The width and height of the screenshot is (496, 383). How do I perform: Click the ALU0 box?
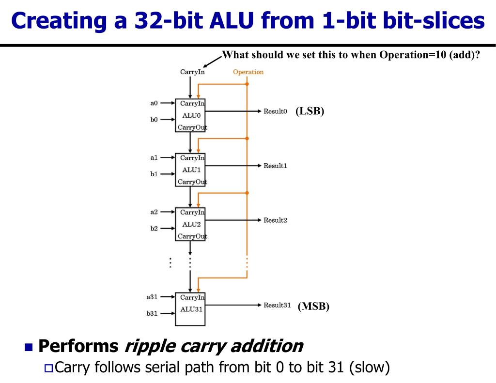coord(190,115)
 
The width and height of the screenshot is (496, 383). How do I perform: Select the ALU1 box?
coord(190,169)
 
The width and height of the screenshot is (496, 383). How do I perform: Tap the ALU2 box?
coord(190,224)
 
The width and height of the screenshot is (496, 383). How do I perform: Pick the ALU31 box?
coord(190,309)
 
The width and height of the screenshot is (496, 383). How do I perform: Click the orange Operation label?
coord(248,72)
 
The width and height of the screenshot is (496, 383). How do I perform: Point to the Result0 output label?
coord(275,111)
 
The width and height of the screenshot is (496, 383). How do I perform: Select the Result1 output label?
coord(275,166)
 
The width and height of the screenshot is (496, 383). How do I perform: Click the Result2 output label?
coord(275,220)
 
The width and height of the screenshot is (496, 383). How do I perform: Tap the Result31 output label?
coord(277,305)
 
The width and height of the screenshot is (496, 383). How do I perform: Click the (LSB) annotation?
coord(310,111)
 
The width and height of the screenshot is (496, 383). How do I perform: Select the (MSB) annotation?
coord(313,306)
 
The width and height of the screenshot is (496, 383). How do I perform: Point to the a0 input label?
coord(154,103)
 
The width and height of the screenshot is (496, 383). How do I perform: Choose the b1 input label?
coord(154,174)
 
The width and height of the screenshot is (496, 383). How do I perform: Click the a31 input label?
coord(152,297)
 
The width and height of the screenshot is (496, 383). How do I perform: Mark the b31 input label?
coord(152,313)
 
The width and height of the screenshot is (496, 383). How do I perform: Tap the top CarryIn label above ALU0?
coord(192,72)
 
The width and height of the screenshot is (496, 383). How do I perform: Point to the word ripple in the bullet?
coord(150,346)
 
